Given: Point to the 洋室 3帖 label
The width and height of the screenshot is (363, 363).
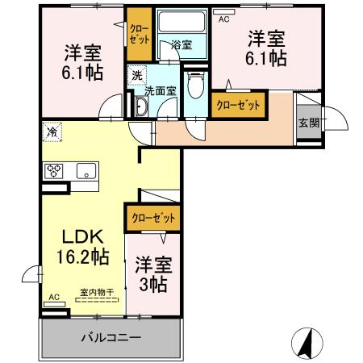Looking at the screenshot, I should tap(151, 273).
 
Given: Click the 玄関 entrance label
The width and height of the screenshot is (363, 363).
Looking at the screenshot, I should tap(308, 123).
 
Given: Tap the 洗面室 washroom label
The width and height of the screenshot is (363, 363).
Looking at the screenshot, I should tap(160, 91).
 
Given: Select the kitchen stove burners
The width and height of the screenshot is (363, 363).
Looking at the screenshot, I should tap(54, 170).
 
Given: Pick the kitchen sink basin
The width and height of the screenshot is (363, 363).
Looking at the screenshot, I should tap(85, 170).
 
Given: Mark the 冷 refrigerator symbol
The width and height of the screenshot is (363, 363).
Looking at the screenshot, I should tap(52, 130).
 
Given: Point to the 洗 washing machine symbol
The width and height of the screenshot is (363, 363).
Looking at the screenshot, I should tap(136, 73).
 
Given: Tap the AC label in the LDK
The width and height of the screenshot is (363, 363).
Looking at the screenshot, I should tap(54, 297).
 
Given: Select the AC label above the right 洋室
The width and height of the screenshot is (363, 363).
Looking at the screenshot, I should tap(224, 19).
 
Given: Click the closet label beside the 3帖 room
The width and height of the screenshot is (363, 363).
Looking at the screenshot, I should tap(151, 218).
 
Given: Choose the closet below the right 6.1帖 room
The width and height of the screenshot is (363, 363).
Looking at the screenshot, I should tap(240, 104).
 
